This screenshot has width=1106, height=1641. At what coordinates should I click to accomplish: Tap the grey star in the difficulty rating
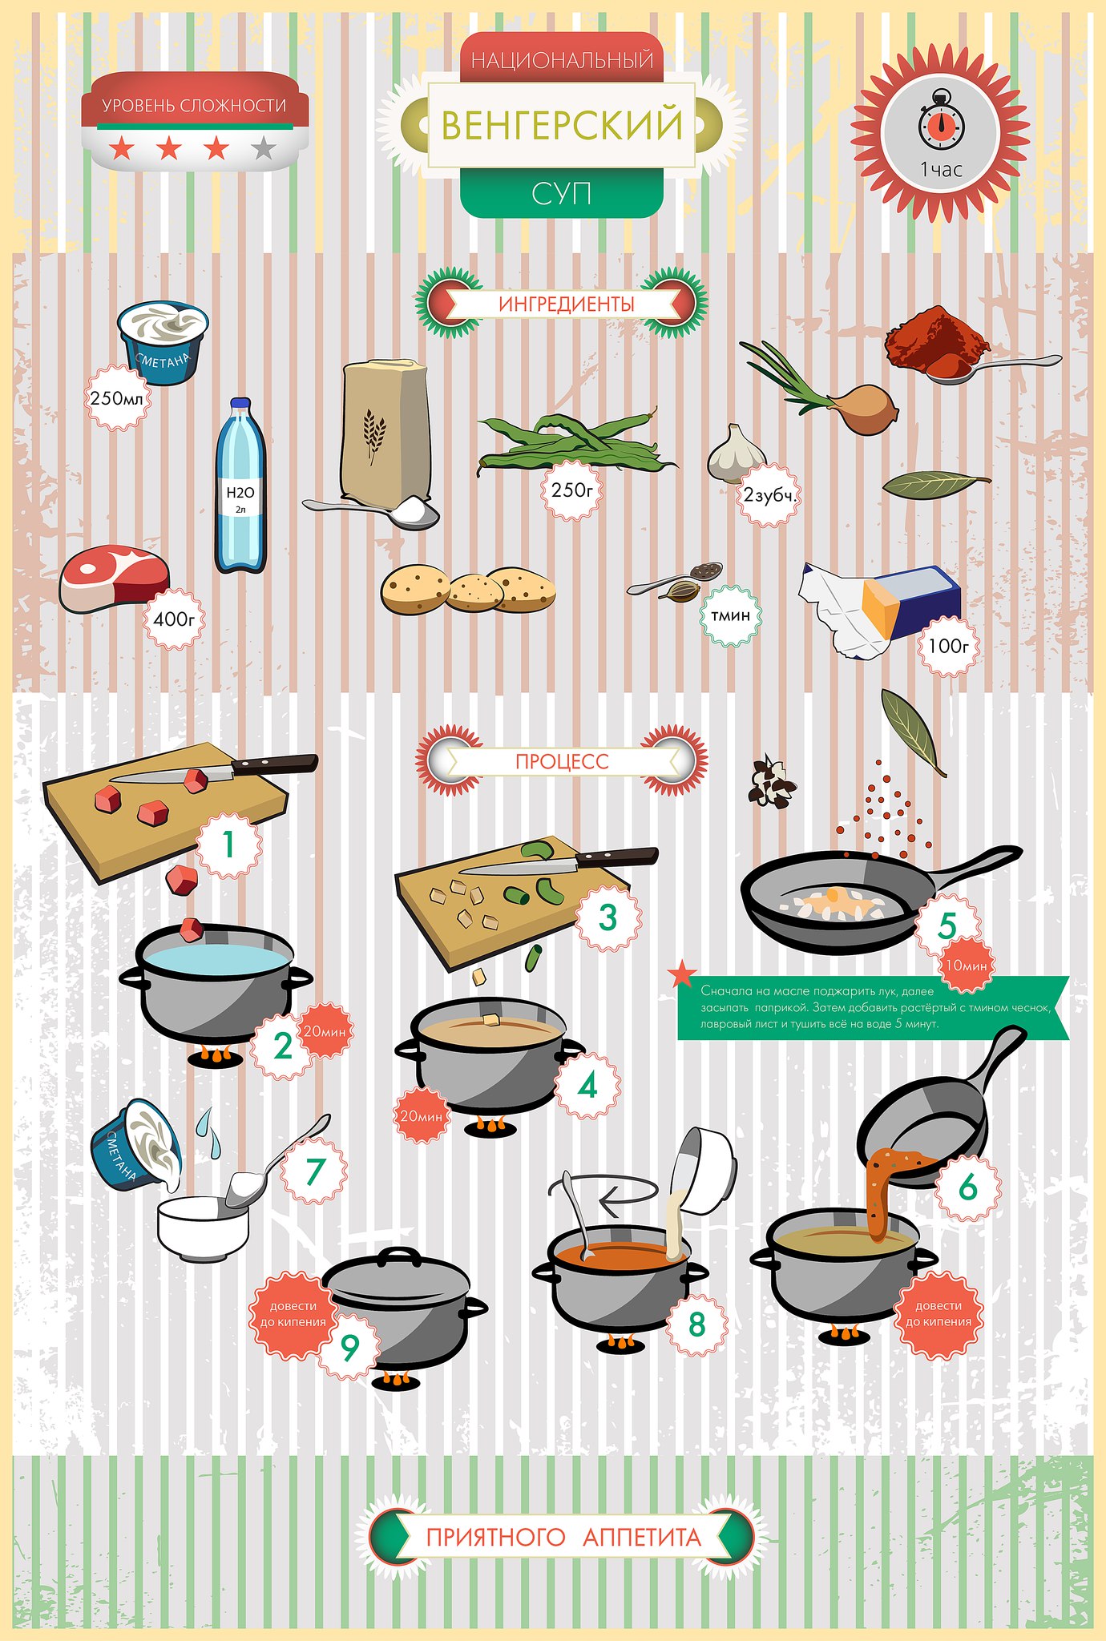tap(264, 147)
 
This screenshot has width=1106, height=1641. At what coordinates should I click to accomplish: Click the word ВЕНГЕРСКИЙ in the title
tap(562, 125)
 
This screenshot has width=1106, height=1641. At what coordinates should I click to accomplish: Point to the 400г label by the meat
tap(174, 619)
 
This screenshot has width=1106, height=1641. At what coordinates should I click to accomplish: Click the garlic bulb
tap(735, 454)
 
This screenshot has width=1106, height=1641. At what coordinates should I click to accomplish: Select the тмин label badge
tap(731, 615)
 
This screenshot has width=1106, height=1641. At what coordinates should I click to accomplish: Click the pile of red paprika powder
tap(936, 340)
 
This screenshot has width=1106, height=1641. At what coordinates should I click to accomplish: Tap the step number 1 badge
tap(228, 844)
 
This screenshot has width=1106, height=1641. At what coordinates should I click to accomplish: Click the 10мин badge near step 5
tap(966, 966)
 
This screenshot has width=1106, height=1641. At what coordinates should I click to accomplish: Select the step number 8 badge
tap(696, 1324)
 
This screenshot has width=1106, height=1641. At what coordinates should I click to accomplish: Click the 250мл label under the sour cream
tap(118, 397)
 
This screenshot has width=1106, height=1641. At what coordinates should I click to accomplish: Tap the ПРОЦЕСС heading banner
tap(562, 760)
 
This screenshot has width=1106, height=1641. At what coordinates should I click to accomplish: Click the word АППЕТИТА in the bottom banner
tap(642, 1537)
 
